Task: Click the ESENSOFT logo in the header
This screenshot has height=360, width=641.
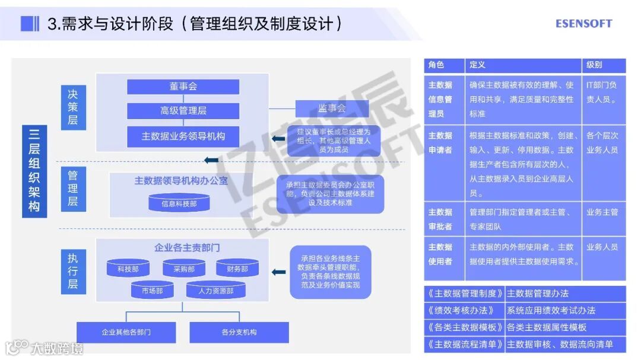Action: coord(583,24)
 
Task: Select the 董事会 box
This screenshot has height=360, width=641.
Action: coord(183,87)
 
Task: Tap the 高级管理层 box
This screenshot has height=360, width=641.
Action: coord(183,111)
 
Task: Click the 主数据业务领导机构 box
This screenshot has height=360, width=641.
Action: coord(183,136)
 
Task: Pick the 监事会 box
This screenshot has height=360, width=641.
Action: coord(332,109)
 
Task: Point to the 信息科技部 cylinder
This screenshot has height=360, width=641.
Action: coord(179,203)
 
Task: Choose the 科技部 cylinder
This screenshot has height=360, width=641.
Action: coord(128,269)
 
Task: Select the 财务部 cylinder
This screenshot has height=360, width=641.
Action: coord(237,269)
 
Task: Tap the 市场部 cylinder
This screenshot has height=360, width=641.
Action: coord(153,291)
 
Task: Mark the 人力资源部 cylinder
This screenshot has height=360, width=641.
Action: coord(216,291)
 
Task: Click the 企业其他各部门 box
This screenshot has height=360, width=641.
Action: coord(126,332)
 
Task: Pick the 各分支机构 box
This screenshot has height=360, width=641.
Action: coord(239,332)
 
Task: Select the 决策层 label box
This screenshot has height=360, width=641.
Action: coord(72,107)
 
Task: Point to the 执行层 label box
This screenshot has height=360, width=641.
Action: coord(72,272)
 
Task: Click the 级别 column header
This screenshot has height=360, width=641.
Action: coord(603,65)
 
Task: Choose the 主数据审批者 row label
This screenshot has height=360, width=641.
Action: coord(440,219)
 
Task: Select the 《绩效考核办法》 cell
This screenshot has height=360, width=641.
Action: coord(464,310)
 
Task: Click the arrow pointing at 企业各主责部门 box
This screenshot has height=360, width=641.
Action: coord(278,272)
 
